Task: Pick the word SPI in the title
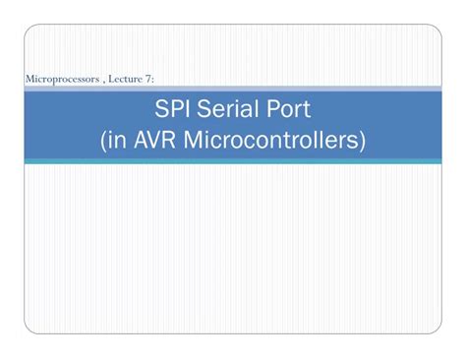[x=173, y=108]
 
